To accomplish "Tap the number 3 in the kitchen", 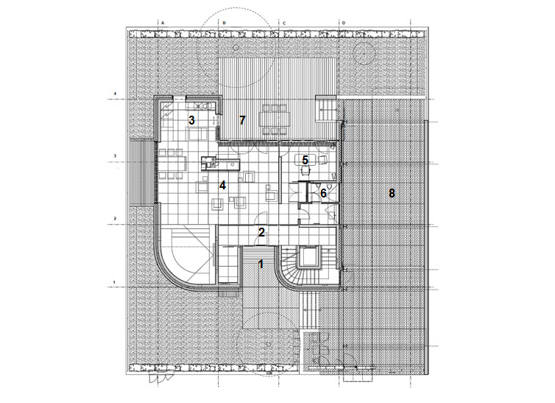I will (191, 119).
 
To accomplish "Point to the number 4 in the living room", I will (221, 185).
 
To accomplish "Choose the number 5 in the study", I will (305, 160).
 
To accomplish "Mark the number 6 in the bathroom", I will (322, 193).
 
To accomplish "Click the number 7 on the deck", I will (241, 119).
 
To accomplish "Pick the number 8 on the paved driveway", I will (392, 193).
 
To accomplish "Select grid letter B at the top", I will (224, 22).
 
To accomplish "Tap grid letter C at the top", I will (283, 22).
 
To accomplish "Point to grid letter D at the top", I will (343, 22).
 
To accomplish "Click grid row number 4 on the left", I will (115, 94).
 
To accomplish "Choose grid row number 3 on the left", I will (115, 156).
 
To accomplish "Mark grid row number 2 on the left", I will (115, 219).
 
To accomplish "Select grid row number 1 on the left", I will (115, 281).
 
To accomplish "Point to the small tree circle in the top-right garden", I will (364, 52).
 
